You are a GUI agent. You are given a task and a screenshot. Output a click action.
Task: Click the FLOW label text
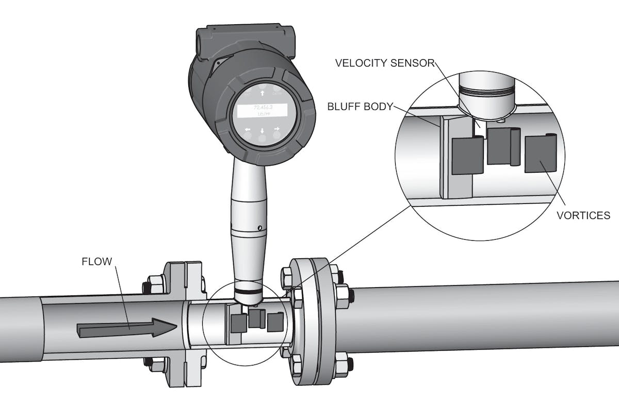tap(96, 261)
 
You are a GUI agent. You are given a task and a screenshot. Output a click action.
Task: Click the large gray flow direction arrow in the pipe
tap(126, 328)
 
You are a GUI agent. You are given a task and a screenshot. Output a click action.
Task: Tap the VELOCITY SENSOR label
tap(384, 63)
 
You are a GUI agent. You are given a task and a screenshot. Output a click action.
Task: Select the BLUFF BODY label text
tap(360, 107)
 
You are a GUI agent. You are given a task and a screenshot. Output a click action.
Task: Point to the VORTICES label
tap(583, 215)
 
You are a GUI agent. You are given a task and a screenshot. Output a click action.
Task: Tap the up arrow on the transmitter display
tap(263, 93)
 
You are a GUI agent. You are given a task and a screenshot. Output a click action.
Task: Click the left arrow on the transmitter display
tap(248, 129)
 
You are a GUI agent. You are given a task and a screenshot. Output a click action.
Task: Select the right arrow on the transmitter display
tap(277, 128)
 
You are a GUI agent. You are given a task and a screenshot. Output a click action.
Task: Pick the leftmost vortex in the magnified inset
tap(467, 155)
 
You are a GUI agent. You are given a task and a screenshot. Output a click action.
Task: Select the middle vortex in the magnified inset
tap(502, 146)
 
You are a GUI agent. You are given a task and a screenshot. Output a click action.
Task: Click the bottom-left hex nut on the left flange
tap(155, 364)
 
